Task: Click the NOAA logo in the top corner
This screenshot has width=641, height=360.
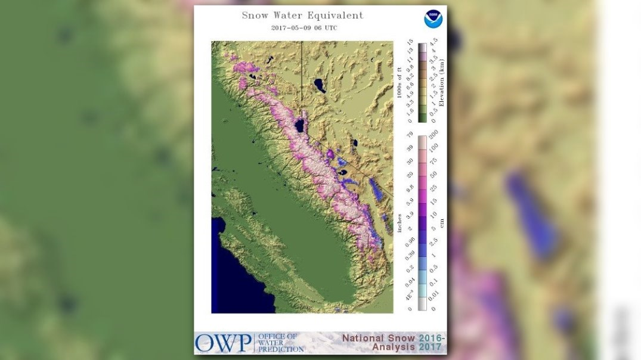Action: (x=433, y=19)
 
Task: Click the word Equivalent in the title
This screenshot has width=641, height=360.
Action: (x=333, y=15)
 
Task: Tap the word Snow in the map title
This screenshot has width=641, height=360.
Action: (x=255, y=15)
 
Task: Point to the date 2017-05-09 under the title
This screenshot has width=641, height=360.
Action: (x=290, y=28)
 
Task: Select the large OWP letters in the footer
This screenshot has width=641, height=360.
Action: (x=222, y=343)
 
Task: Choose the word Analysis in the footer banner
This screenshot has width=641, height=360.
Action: (x=394, y=347)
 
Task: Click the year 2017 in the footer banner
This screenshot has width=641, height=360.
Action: (x=430, y=347)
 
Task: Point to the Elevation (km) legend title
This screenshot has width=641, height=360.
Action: (x=441, y=83)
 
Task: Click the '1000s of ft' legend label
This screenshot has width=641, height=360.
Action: (x=400, y=83)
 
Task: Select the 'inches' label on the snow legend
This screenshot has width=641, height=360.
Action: (x=400, y=223)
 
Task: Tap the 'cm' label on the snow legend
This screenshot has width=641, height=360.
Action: (x=441, y=223)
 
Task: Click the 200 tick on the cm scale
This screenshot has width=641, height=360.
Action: (x=434, y=134)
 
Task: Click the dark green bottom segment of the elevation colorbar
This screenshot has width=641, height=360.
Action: (x=422, y=117)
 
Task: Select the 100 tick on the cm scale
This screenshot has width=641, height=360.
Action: (x=434, y=147)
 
